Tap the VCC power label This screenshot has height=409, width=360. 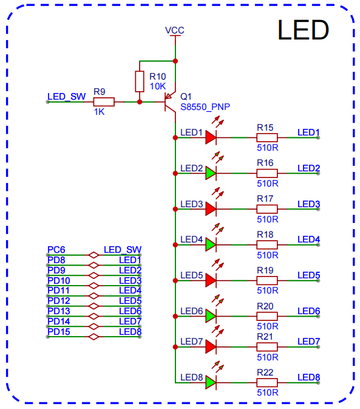175,30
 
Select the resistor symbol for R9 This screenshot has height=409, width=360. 104,101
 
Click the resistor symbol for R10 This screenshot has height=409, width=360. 140,81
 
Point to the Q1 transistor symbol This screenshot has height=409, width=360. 169,101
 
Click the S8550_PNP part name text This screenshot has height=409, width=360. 205,106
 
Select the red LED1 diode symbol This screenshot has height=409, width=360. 211,137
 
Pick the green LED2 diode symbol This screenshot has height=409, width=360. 211,173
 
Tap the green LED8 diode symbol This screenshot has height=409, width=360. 211,382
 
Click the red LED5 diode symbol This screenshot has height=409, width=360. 211,280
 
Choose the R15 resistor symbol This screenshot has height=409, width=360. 267,137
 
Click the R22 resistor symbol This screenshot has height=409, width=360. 267,382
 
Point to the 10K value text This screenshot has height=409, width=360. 158,86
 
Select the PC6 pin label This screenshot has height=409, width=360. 56,250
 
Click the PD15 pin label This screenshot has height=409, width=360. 58,331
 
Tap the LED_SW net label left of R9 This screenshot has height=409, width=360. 66,97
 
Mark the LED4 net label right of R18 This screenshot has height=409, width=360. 308,239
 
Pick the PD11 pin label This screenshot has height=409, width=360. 58,290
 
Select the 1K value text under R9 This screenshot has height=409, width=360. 99,112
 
